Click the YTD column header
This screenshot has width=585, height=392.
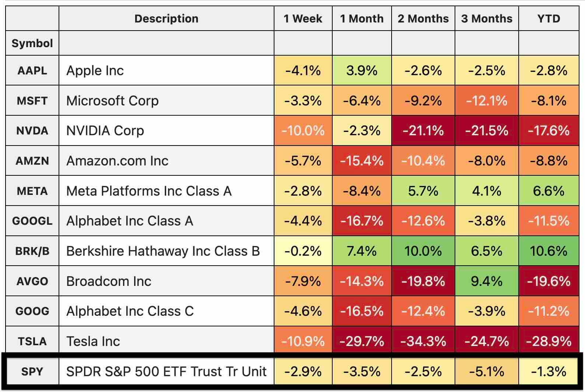coord(549,18)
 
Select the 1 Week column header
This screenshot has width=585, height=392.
coord(303,18)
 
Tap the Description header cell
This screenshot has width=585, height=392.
coord(166,18)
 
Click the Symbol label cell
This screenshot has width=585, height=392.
coord(32,43)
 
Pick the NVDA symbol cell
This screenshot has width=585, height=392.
coord(32,130)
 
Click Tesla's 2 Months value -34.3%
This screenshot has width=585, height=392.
coord(423,341)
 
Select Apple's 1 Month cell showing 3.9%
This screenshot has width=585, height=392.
coord(362,70)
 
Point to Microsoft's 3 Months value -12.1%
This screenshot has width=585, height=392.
coord(487,101)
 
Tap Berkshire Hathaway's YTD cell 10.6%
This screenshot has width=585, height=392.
coord(549,251)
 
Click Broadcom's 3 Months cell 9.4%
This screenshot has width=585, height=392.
coord(487,281)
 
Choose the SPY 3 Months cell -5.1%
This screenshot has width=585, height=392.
coord(487,371)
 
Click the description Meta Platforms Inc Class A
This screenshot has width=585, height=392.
coord(149,191)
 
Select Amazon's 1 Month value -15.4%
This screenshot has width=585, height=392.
coord(362,161)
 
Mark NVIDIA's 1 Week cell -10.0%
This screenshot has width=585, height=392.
coord(303,130)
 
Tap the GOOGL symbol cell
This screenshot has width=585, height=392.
coord(32,221)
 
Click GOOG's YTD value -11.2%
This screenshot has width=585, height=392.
coord(549,311)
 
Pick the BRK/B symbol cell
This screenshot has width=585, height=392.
coord(32,251)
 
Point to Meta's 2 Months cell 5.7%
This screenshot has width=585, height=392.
coord(423,191)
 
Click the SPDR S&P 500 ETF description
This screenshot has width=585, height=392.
coord(166,371)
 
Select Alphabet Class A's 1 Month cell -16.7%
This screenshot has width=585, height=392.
coord(362,221)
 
